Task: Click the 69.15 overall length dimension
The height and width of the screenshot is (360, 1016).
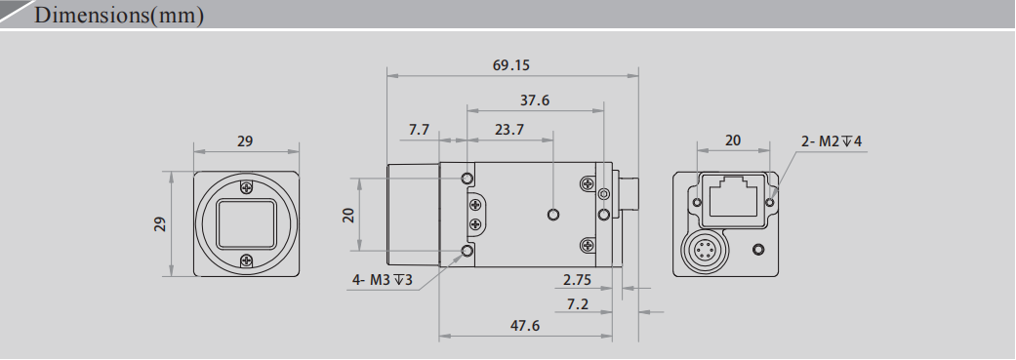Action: (511, 66)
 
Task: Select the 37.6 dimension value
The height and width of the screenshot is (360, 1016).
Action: (534, 100)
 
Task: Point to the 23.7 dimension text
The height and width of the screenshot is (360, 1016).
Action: (508, 130)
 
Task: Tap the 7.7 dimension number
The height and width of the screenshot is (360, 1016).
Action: (419, 130)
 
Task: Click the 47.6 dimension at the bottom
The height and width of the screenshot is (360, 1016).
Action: (524, 326)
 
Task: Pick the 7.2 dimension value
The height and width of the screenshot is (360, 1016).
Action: (577, 305)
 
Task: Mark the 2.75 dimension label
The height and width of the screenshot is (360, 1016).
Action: (578, 280)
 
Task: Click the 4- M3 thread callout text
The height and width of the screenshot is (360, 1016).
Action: (383, 280)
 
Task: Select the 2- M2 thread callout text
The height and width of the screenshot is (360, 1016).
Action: (832, 141)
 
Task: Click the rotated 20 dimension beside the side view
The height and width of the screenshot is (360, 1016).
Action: (347, 215)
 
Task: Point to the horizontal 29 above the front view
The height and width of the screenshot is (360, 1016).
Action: (245, 141)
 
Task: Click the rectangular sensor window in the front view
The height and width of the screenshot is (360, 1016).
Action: (246, 223)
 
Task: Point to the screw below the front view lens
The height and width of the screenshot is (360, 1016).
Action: (246, 260)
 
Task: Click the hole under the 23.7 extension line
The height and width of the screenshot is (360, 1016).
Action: (554, 214)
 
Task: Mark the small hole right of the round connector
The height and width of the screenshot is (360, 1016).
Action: (758, 251)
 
